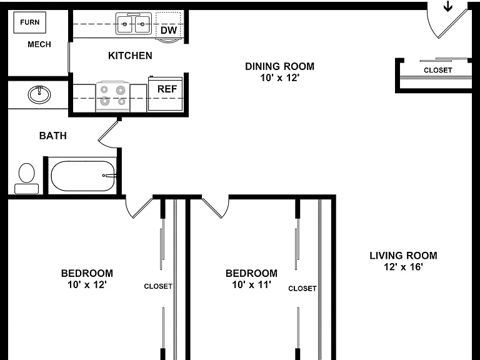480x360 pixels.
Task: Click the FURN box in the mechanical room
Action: (x=30, y=22)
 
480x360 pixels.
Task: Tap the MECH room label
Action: (x=39, y=44)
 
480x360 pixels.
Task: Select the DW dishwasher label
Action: (x=169, y=30)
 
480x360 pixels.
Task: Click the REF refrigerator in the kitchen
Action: (x=165, y=94)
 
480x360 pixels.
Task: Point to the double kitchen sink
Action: (x=134, y=24)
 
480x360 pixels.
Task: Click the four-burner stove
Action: (x=113, y=96)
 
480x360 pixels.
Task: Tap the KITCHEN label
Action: (x=130, y=56)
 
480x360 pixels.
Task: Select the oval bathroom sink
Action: (x=39, y=94)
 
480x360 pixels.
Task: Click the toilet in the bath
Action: (x=27, y=179)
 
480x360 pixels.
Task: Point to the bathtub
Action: (x=82, y=176)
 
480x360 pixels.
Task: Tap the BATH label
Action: (x=53, y=136)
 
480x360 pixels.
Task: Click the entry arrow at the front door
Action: (x=448, y=6)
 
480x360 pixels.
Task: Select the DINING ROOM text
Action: (x=280, y=66)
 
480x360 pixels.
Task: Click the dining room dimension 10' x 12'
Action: (x=279, y=77)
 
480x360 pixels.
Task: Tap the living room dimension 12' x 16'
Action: (x=404, y=267)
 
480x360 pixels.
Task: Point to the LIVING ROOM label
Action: (x=404, y=256)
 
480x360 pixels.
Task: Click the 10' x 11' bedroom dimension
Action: (x=251, y=285)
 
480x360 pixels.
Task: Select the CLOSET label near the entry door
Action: (x=437, y=70)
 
